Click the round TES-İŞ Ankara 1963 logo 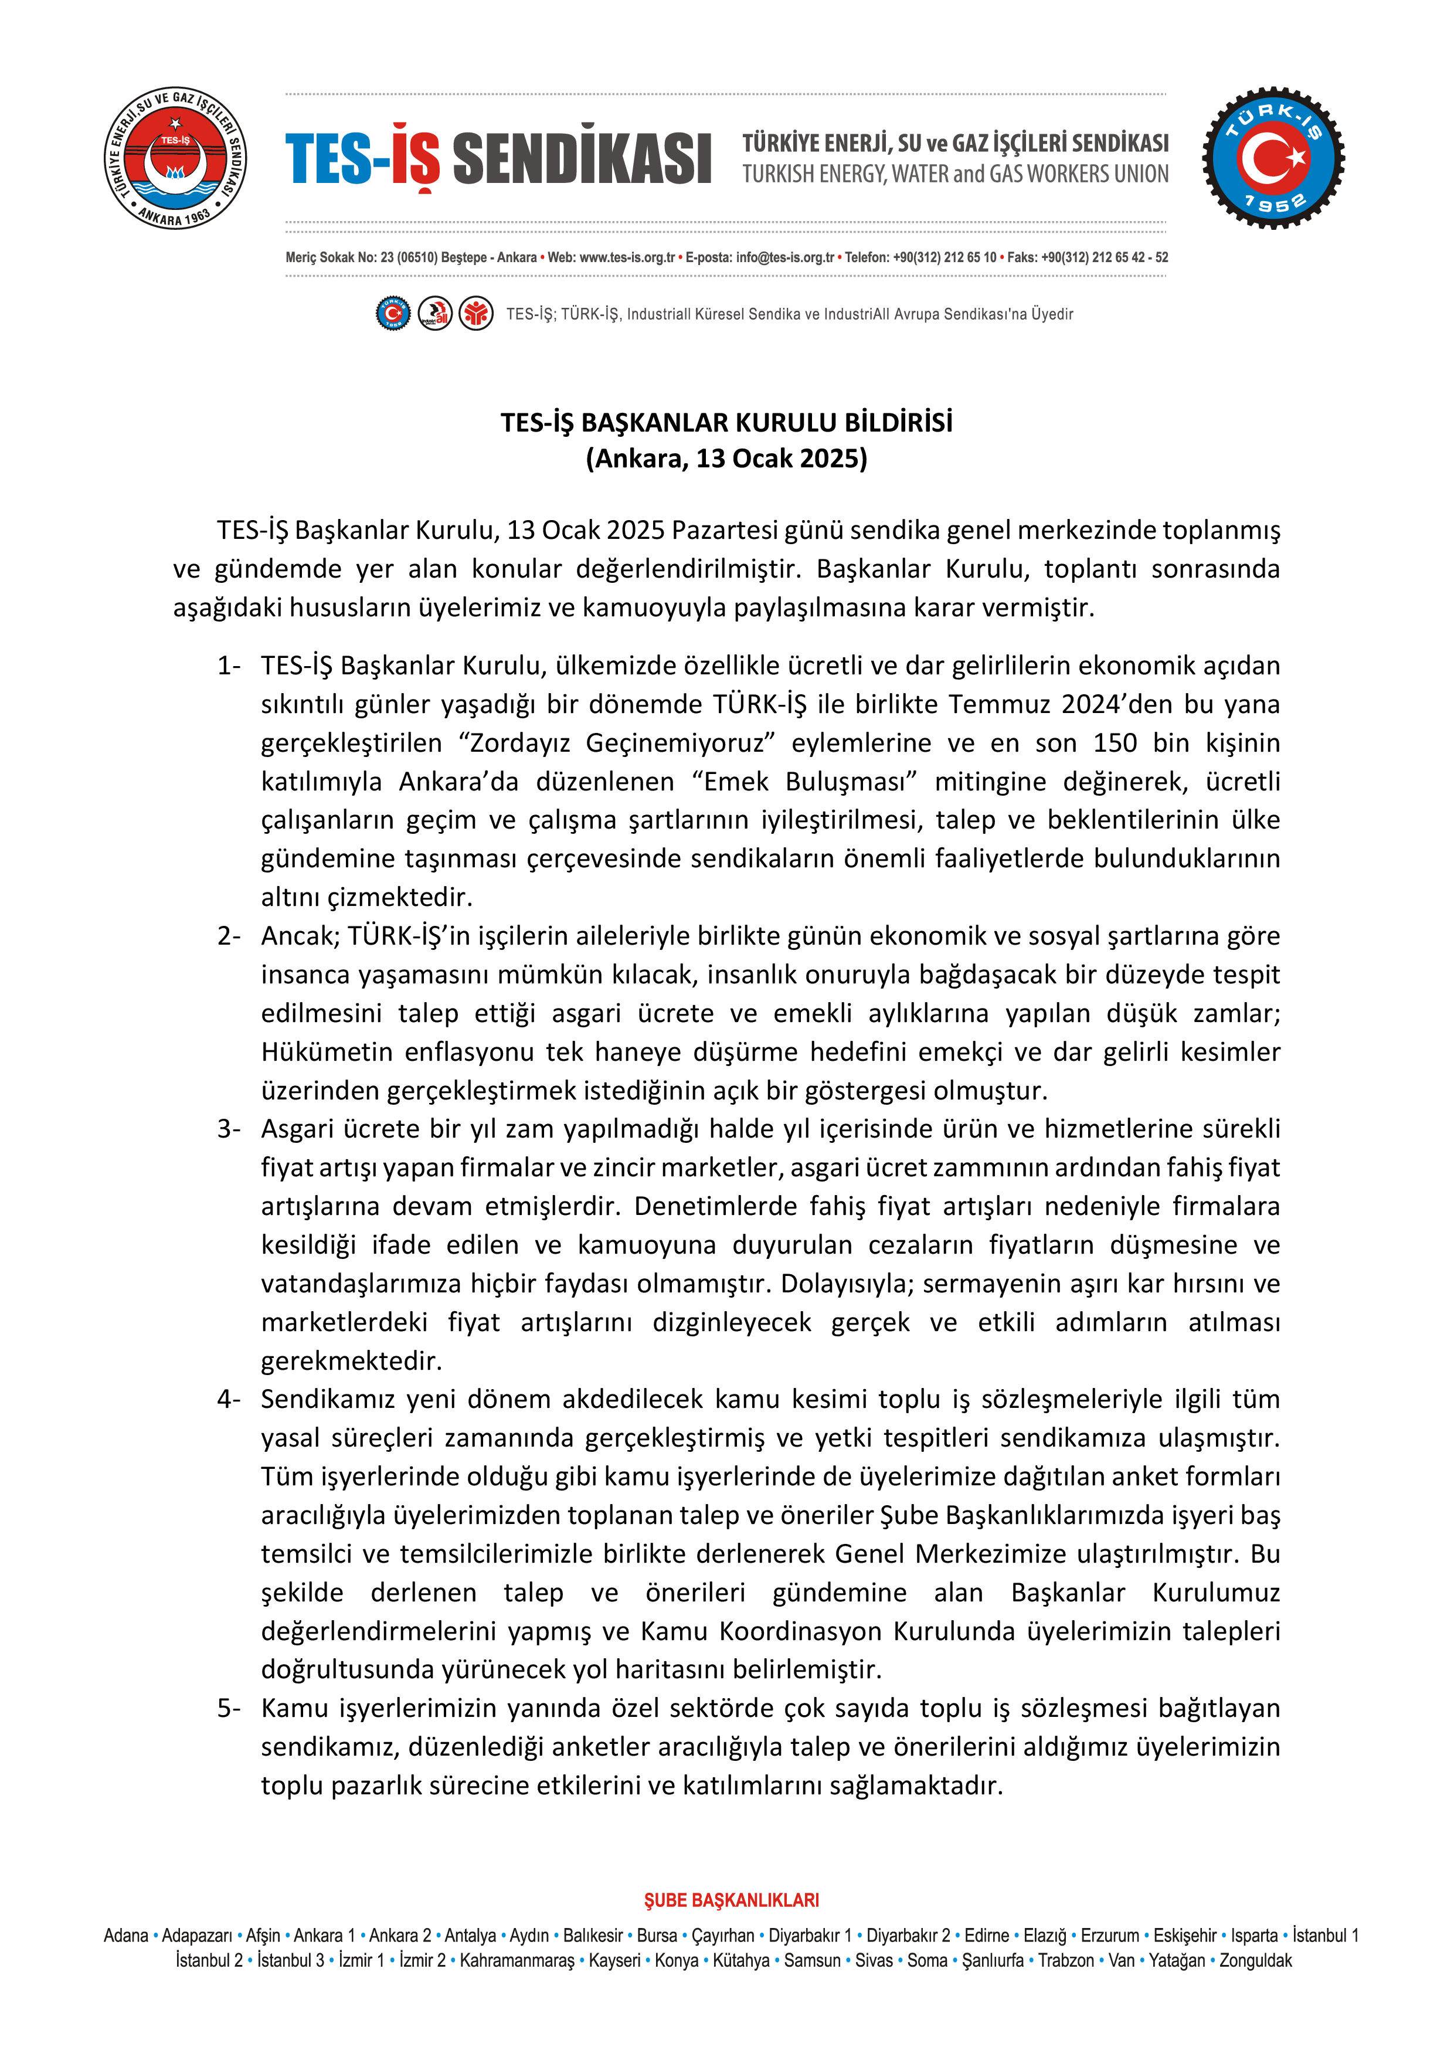click(175, 158)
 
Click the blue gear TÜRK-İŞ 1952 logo click(1273, 158)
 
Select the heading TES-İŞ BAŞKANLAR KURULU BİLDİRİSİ click(726, 422)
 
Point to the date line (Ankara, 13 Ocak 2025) click(726, 459)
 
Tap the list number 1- click(229, 666)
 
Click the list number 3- click(229, 1129)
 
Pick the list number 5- click(229, 1709)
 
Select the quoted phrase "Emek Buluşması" click(804, 781)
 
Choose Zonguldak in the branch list click(1255, 1960)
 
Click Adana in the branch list click(125, 1935)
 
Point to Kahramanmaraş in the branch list click(517, 1960)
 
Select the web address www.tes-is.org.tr click(627, 257)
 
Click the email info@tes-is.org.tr click(785, 257)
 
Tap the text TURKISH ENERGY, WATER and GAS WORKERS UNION click(955, 174)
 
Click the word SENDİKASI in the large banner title click(582, 158)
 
